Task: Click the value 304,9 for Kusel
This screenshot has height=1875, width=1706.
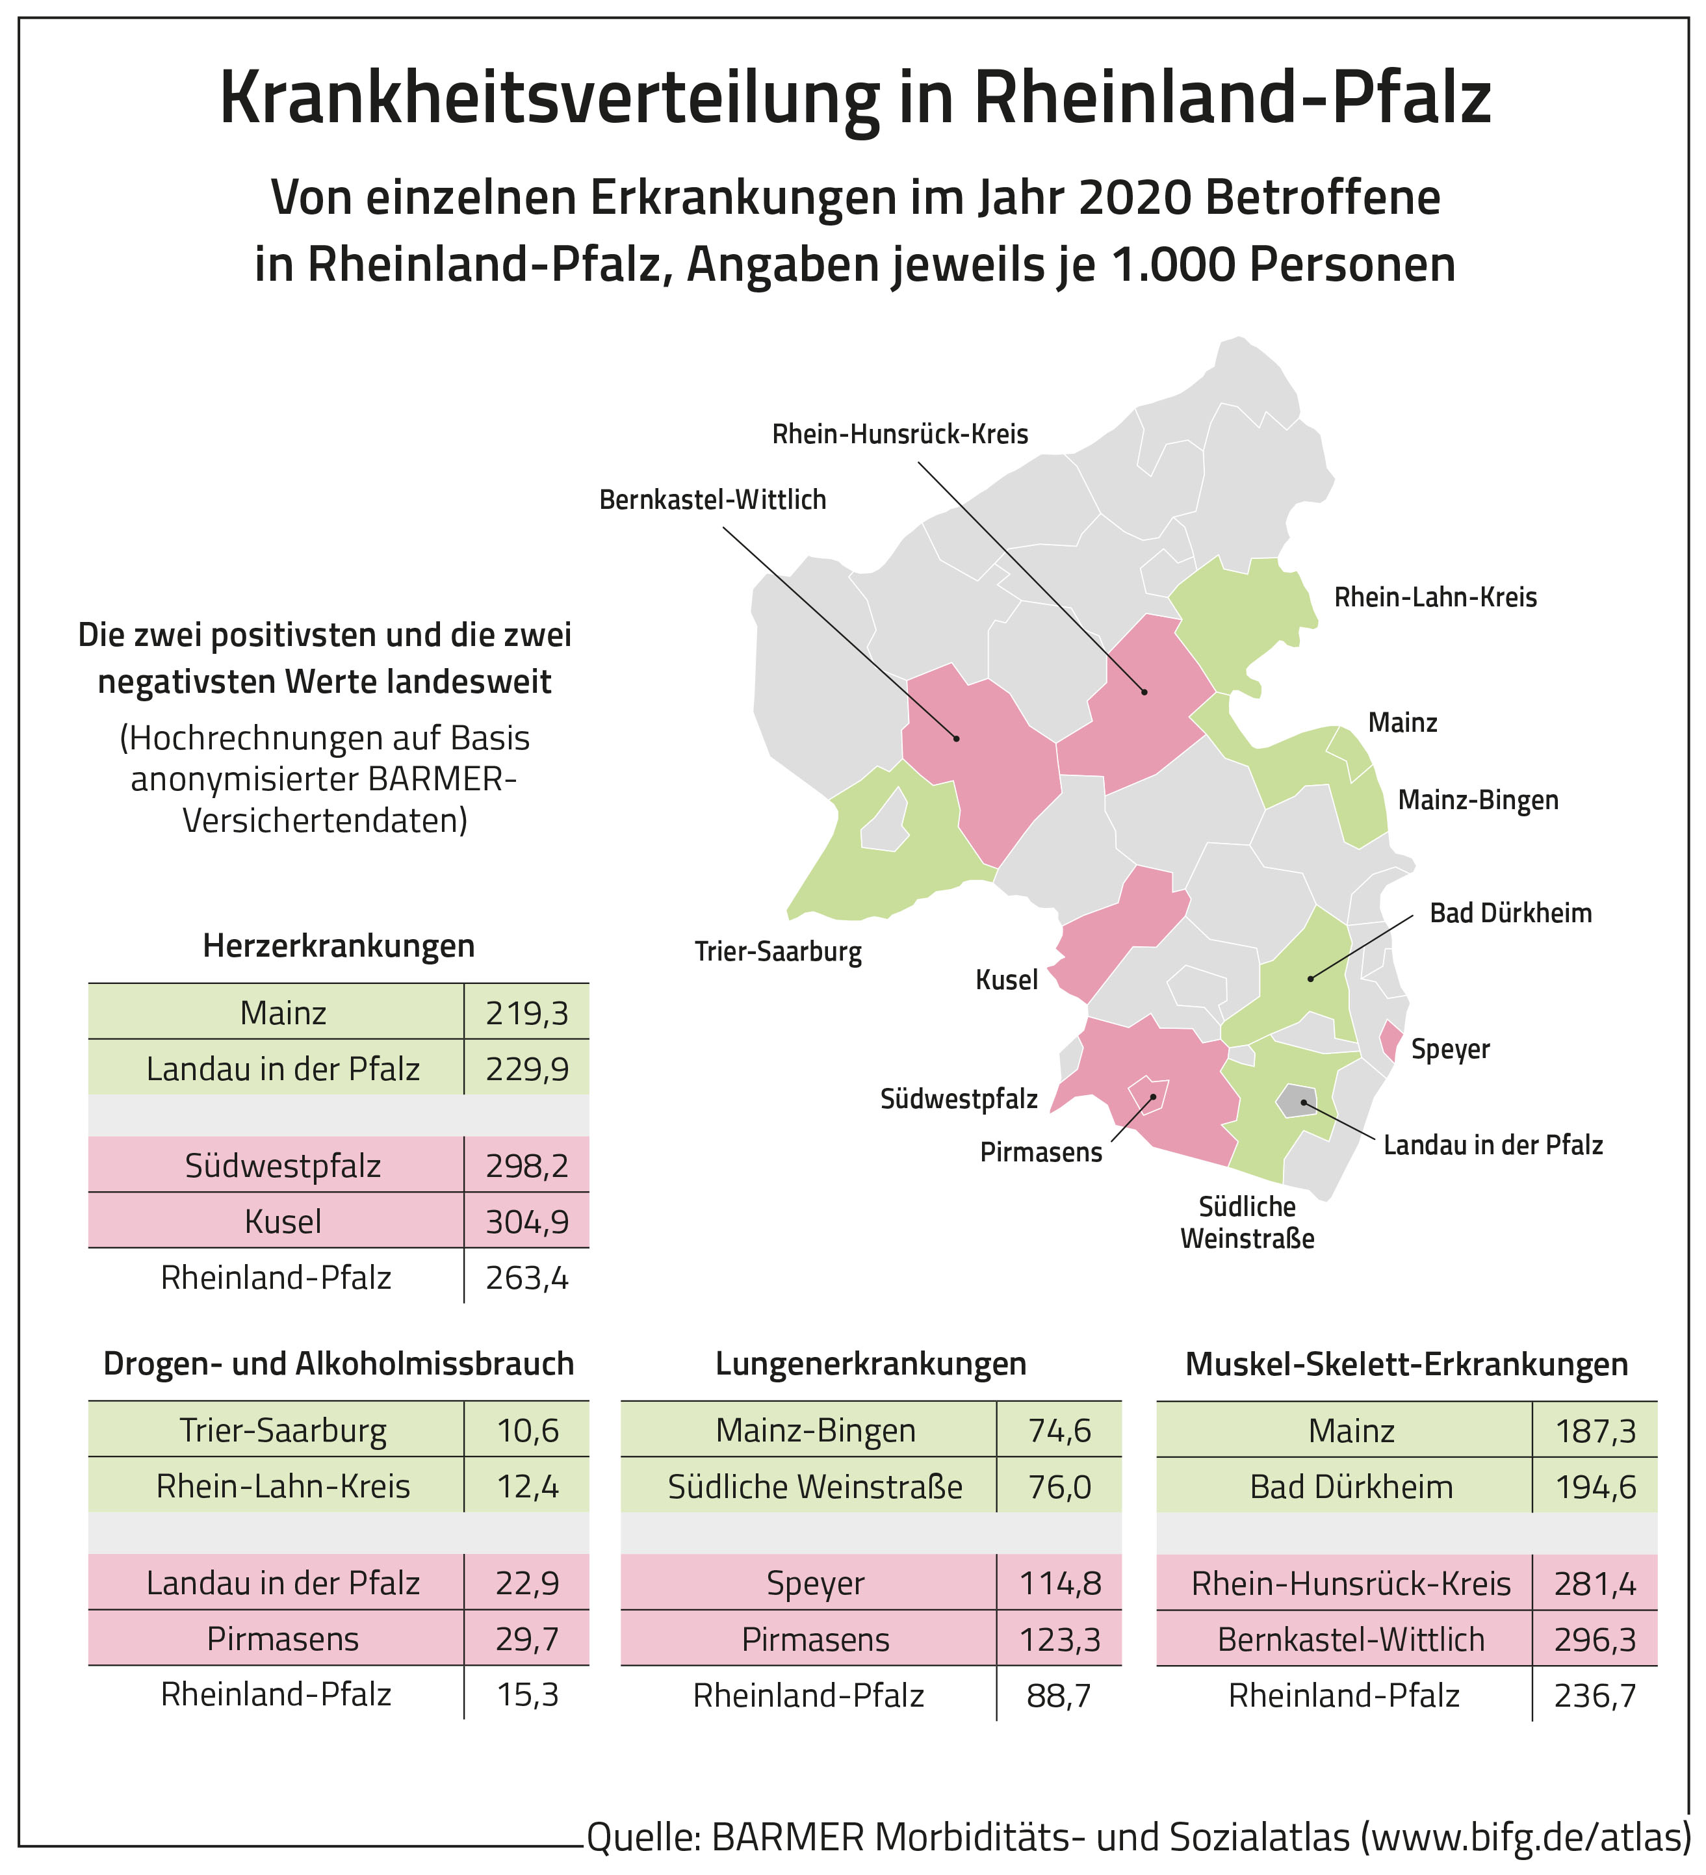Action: pos(526,1221)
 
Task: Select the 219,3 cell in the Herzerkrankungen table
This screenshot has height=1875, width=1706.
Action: pos(526,1012)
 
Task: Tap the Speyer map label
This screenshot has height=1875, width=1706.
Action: pos(1450,1049)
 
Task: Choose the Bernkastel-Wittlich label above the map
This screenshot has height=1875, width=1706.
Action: pos(712,500)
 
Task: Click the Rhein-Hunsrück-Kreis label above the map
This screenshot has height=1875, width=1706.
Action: pos(899,434)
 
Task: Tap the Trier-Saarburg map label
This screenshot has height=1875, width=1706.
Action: pos(778,952)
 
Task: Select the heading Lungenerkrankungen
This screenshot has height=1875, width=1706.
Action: pos(871,1364)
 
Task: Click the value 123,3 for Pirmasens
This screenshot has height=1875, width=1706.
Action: pos(1059,1639)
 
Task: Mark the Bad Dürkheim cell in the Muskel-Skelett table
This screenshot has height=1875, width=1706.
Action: pos(1351,1486)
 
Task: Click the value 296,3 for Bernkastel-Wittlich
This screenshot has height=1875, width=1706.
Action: pos(1594,1639)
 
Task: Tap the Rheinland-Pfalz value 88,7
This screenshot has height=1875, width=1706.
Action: pos(1059,1696)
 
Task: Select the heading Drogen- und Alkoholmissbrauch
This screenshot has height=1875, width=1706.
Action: pos(339,1364)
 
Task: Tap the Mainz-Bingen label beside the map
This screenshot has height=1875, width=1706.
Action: pos(1478,800)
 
